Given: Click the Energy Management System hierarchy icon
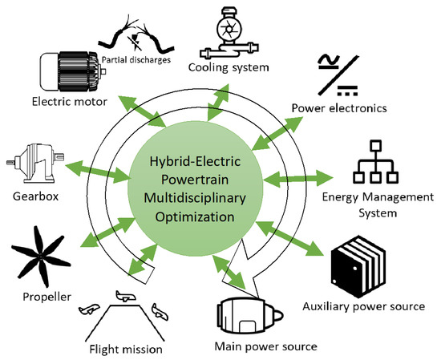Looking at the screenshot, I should point(378,161).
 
